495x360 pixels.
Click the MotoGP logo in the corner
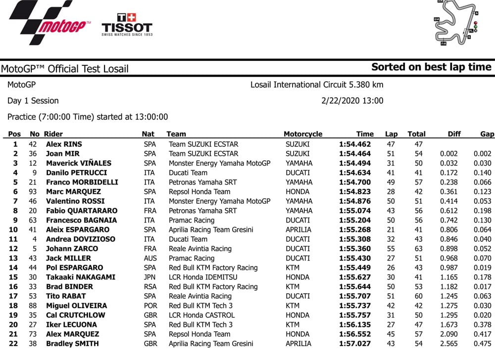click(49, 22)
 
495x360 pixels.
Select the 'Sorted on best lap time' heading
click(431, 67)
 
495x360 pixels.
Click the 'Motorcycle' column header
click(303, 134)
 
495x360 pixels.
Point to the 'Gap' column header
click(487, 134)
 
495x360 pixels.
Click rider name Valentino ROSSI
click(75, 201)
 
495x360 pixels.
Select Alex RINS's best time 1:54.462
click(355, 144)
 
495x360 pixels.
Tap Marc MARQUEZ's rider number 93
click(34, 192)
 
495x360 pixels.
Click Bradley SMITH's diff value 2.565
click(448, 344)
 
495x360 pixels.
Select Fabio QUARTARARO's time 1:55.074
click(355, 211)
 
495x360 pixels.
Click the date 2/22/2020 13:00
click(352, 101)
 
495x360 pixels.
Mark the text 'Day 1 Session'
click(33, 101)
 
